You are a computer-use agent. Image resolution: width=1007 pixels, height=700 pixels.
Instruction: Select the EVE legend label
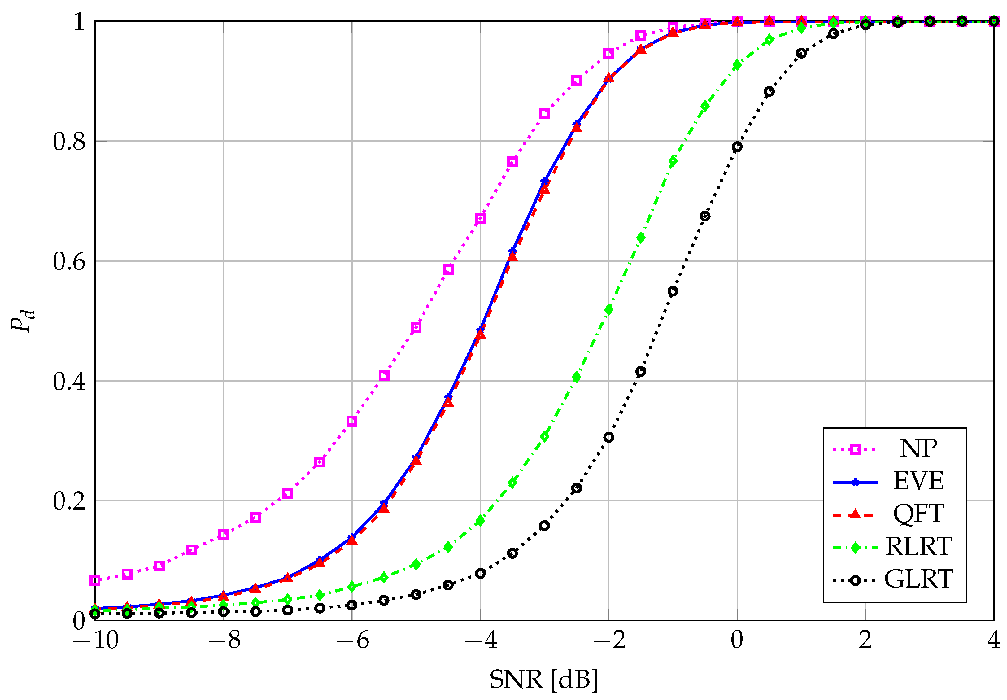click(x=918, y=481)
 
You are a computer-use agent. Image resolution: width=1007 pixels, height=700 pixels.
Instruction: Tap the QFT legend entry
click(x=918, y=514)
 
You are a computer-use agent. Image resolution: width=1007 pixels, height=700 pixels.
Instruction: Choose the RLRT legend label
click(x=918, y=546)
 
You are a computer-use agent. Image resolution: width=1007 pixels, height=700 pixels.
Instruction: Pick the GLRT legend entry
click(x=918, y=579)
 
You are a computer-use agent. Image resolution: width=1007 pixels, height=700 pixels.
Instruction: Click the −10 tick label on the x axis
click(x=96, y=641)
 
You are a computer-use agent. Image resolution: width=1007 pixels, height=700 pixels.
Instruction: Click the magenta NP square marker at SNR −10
click(x=95, y=581)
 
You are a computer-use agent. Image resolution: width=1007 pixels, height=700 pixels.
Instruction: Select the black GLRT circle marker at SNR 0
click(x=737, y=147)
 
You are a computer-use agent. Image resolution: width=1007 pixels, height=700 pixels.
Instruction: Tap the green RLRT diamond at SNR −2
click(x=608, y=310)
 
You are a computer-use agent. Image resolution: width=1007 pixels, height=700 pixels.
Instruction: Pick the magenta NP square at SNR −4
click(x=480, y=218)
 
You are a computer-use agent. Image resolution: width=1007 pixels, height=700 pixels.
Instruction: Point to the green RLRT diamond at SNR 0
click(x=737, y=65)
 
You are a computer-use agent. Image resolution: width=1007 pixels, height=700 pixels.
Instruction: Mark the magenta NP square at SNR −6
click(x=351, y=421)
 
